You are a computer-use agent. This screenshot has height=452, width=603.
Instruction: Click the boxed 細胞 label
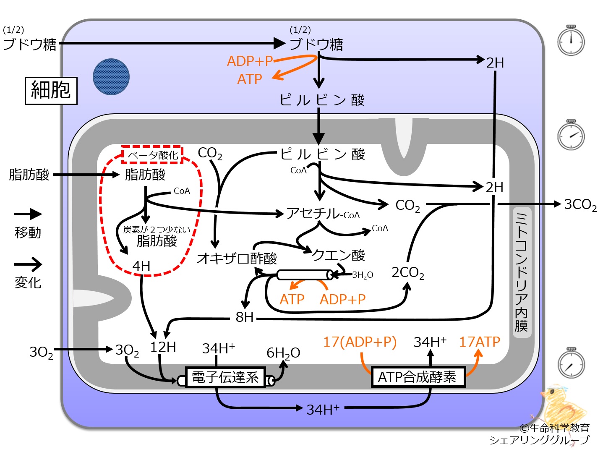pos(51,91)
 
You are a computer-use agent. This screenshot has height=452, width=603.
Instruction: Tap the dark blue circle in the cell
pos(111,77)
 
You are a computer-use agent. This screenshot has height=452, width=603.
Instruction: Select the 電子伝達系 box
pos(225,377)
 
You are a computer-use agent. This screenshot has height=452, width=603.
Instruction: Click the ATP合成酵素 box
pos(418,377)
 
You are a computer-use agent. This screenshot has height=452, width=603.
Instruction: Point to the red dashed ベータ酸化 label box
pos(152,155)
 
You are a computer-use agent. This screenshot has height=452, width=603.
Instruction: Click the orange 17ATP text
pos(480,342)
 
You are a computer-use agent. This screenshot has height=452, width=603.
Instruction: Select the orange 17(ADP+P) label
pos(360,342)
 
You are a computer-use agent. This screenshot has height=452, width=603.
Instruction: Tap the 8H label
pos(245,317)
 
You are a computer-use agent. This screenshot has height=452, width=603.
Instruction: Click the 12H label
pos(163,347)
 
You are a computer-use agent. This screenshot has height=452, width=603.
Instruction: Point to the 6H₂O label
pos(283,353)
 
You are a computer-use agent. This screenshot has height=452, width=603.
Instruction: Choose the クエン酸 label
pos(338,255)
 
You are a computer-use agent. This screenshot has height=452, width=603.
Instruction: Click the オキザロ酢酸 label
pos(237,258)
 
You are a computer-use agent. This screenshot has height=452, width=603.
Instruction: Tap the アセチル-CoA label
pos(323,213)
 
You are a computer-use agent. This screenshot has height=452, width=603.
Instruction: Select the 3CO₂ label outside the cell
pos(580,205)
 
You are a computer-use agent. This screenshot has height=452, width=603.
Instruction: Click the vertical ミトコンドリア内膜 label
pos(522,272)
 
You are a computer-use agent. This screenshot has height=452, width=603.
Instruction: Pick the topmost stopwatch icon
pos(571,40)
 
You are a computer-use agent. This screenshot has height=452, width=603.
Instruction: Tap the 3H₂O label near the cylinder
pos(363,275)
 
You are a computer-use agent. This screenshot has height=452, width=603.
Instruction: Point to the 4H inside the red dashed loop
pos(141,266)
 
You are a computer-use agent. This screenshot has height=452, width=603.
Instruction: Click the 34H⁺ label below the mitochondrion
pos(323,410)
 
